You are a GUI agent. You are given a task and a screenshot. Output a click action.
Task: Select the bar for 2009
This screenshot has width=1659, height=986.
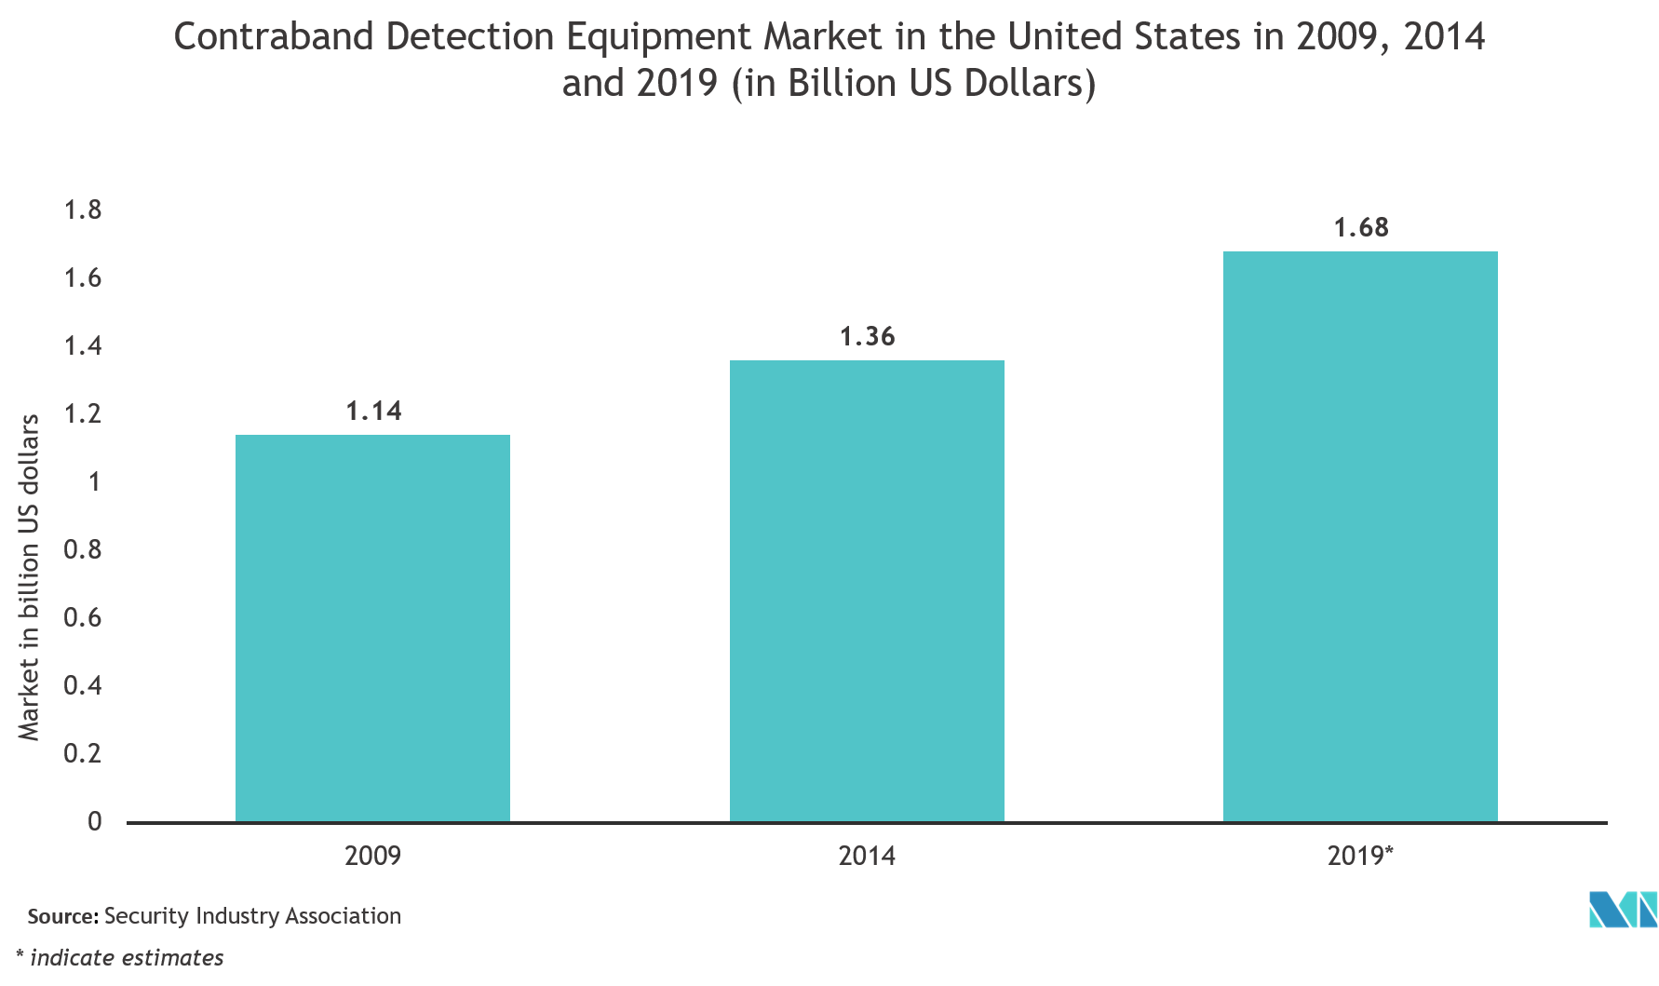pyautogui.click(x=372, y=628)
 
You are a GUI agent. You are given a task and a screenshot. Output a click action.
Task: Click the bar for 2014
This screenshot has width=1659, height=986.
pyautogui.click(x=867, y=591)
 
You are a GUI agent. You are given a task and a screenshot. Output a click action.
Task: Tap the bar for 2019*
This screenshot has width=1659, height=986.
pyautogui.click(x=1360, y=536)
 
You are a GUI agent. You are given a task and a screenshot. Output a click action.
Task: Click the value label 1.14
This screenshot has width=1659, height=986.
pyautogui.click(x=373, y=411)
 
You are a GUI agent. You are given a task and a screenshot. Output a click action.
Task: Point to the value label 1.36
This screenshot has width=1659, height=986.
pyautogui.click(x=867, y=336)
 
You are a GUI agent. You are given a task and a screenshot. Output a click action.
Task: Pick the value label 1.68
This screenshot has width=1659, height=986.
pyautogui.click(x=1360, y=227)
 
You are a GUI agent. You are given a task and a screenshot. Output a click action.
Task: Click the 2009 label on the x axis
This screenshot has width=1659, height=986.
pyautogui.click(x=372, y=855)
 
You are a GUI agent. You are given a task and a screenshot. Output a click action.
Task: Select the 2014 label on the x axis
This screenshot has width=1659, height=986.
pyautogui.click(x=867, y=855)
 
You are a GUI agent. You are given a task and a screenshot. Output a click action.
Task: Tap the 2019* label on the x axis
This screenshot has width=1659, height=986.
pyautogui.click(x=1360, y=855)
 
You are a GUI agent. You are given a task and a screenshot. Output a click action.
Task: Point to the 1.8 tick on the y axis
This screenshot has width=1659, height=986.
pyautogui.click(x=83, y=210)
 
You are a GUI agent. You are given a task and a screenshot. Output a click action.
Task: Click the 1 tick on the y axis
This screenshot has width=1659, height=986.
pyautogui.click(x=94, y=481)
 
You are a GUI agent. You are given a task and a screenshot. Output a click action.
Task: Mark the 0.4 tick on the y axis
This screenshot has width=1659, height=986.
pyautogui.click(x=83, y=685)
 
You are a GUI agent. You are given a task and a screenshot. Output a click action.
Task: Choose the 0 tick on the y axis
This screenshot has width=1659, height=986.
pyautogui.click(x=94, y=821)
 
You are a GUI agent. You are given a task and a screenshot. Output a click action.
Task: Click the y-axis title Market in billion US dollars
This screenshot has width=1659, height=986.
pyautogui.click(x=30, y=577)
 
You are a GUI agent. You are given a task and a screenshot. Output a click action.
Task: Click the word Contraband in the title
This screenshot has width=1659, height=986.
pyautogui.click(x=273, y=37)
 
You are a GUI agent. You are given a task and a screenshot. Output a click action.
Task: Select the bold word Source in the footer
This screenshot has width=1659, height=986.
pyautogui.click(x=60, y=916)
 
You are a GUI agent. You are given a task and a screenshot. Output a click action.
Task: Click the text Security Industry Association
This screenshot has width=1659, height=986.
pyautogui.click(x=252, y=916)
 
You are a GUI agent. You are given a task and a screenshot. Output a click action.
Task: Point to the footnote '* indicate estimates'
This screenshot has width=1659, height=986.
pyautogui.click(x=120, y=957)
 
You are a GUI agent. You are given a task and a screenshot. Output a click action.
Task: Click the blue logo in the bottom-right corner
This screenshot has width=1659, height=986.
pyautogui.click(x=1623, y=910)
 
